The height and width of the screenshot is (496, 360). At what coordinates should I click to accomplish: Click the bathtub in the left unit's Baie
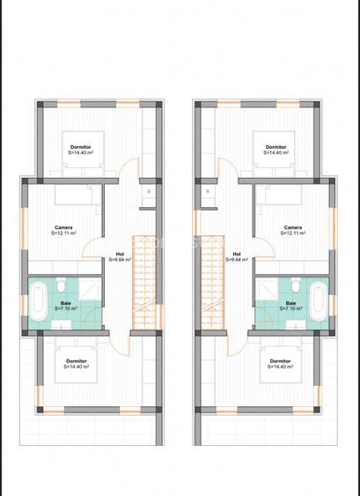coord(38,302)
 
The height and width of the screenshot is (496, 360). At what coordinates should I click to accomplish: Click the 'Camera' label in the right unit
coord(293,227)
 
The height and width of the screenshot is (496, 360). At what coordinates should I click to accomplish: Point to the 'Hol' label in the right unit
coord(236,254)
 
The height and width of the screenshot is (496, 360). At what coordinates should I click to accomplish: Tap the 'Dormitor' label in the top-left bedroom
coord(80,146)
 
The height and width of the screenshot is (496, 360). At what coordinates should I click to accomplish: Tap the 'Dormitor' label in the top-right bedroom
coord(276,146)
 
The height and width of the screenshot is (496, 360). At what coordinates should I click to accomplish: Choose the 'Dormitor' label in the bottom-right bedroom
coord(281,360)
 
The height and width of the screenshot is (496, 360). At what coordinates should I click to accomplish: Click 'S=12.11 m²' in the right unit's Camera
coord(293,233)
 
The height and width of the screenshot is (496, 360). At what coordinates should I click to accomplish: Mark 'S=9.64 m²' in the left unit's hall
coord(121,260)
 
